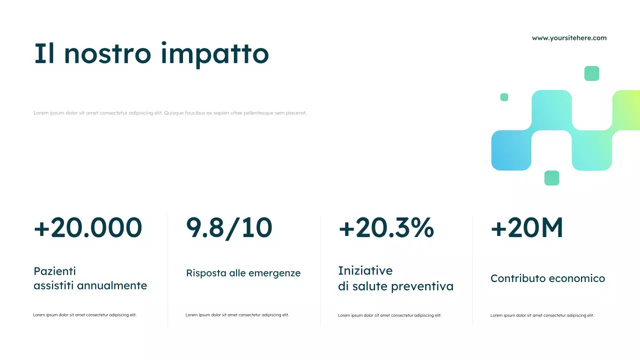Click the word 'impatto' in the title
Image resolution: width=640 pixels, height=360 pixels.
215,54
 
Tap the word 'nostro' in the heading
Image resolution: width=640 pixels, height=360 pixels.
107,54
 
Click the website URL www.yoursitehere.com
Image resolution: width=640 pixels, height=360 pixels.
569,38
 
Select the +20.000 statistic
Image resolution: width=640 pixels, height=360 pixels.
88,228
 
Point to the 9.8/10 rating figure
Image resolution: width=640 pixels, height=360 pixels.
229,228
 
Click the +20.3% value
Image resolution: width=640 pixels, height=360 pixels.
386,228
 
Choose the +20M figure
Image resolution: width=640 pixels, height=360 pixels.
527,228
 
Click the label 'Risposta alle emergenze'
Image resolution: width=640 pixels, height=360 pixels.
243,273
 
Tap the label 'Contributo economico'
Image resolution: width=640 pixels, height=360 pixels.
547,278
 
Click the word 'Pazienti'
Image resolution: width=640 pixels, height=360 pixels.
54,271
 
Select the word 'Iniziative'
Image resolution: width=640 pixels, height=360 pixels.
365,271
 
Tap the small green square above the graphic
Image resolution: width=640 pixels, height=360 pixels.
591,73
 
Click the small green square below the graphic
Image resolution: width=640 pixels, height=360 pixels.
551,178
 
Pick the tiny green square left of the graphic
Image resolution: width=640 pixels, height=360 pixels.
504,97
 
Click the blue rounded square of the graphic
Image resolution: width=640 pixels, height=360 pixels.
511,150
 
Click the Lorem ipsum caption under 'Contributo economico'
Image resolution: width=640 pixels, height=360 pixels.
542,315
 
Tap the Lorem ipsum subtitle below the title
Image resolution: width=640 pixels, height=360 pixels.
170,113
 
